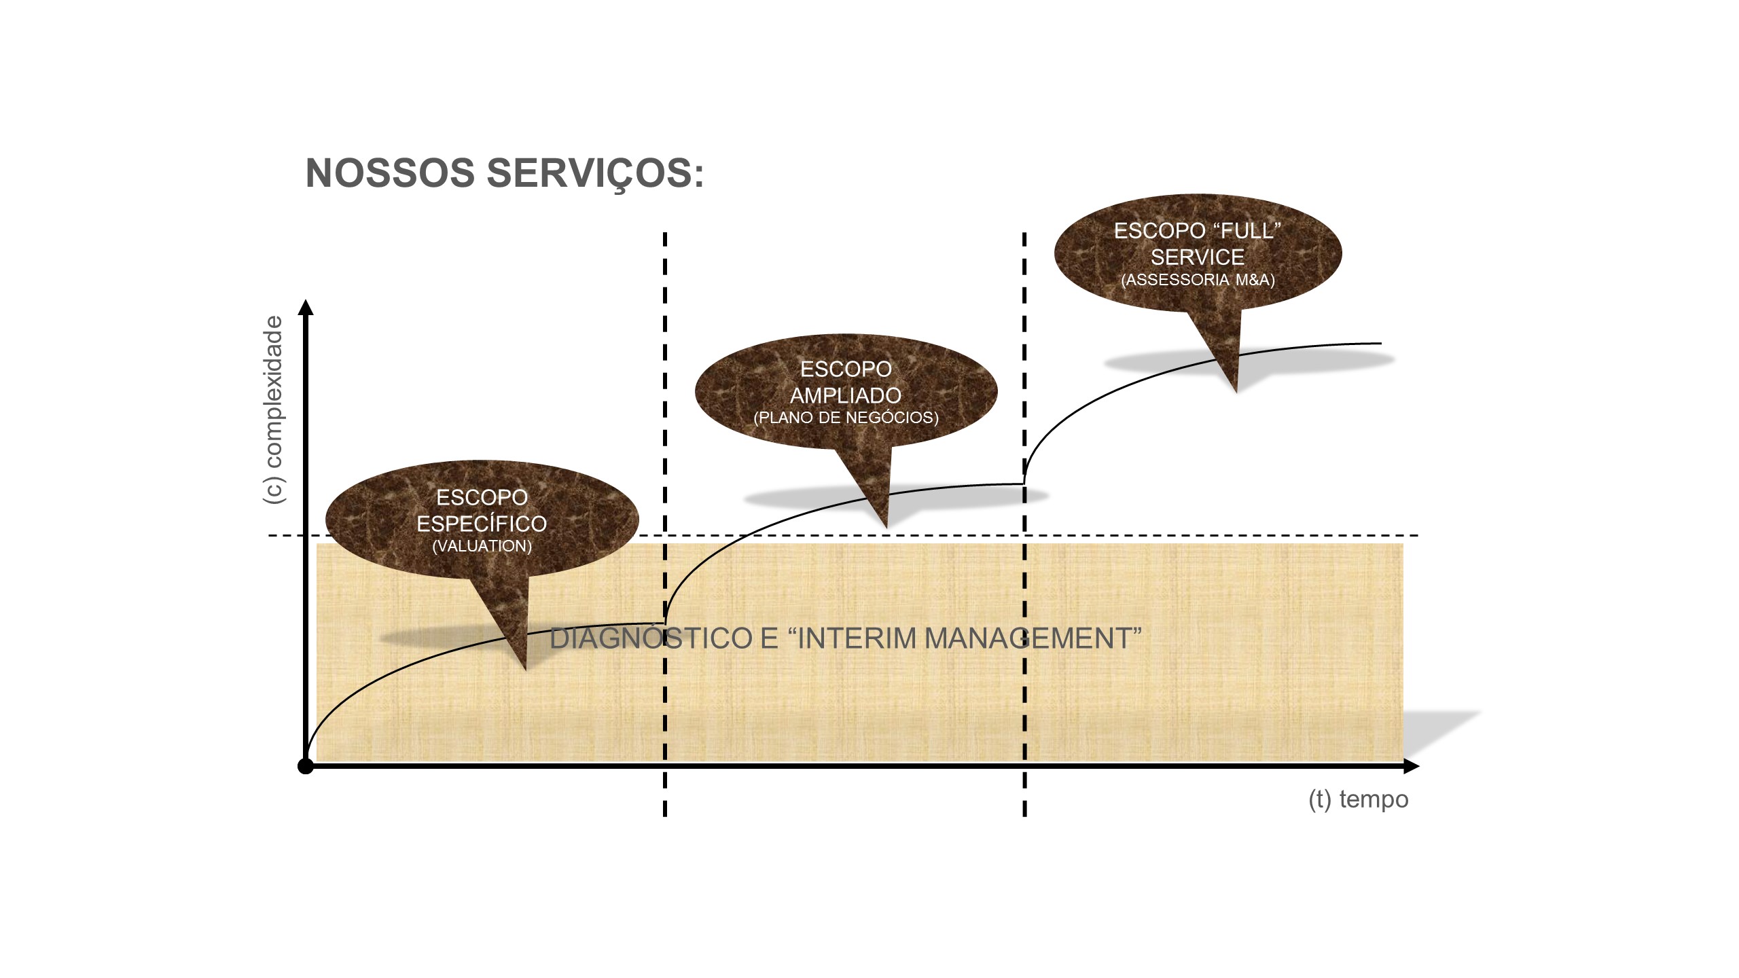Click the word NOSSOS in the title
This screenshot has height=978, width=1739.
(390, 173)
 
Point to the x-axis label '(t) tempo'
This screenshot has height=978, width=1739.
(1358, 799)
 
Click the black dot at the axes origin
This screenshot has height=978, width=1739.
(306, 767)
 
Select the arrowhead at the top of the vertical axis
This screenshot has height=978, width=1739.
(306, 307)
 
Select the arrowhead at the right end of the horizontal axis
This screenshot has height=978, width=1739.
(1411, 767)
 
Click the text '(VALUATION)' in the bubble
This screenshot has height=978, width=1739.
(482, 546)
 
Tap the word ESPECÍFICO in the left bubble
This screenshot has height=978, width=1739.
(482, 524)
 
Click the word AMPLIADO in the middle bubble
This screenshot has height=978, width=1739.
(846, 395)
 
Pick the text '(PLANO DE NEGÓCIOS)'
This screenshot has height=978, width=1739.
(846, 418)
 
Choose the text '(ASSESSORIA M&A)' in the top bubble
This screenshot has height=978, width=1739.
(1198, 279)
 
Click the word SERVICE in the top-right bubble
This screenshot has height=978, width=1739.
(1198, 257)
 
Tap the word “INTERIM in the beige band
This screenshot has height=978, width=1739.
(842, 638)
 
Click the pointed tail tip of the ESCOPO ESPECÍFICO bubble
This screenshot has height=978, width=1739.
(526, 670)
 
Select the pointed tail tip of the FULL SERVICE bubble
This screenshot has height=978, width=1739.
(1236, 392)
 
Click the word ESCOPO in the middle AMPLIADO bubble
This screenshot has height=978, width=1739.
(846, 369)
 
